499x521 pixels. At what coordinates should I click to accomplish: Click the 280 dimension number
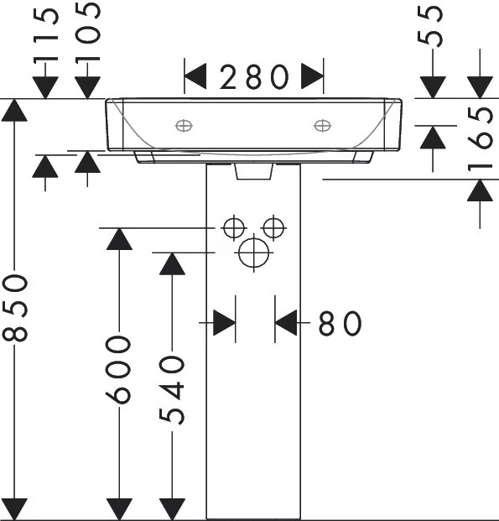point(254,77)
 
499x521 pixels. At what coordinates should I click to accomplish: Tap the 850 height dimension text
point(15,309)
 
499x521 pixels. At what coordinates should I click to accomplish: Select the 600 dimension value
point(118,370)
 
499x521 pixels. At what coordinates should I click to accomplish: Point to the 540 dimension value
point(171,390)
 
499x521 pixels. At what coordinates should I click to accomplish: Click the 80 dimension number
point(340,323)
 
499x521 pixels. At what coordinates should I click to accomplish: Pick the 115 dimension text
point(46,35)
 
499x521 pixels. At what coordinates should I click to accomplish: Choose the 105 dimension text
point(87,33)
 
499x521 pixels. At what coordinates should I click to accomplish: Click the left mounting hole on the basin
point(184,126)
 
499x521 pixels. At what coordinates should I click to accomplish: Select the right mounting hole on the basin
point(322,126)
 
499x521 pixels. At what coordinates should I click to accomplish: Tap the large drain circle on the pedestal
point(254,253)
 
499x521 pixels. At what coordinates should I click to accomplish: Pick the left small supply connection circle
point(234,228)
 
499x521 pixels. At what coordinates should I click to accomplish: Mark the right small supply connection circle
point(273,228)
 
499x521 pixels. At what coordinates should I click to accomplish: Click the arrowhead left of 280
point(195,76)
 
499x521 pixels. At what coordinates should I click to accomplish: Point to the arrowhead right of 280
point(312,76)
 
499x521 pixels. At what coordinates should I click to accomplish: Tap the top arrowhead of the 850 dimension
point(14,110)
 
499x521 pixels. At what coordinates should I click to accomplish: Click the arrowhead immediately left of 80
point(224,323)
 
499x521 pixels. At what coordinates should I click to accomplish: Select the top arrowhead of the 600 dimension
point(119,239)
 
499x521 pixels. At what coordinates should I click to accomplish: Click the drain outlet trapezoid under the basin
point(254,171)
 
